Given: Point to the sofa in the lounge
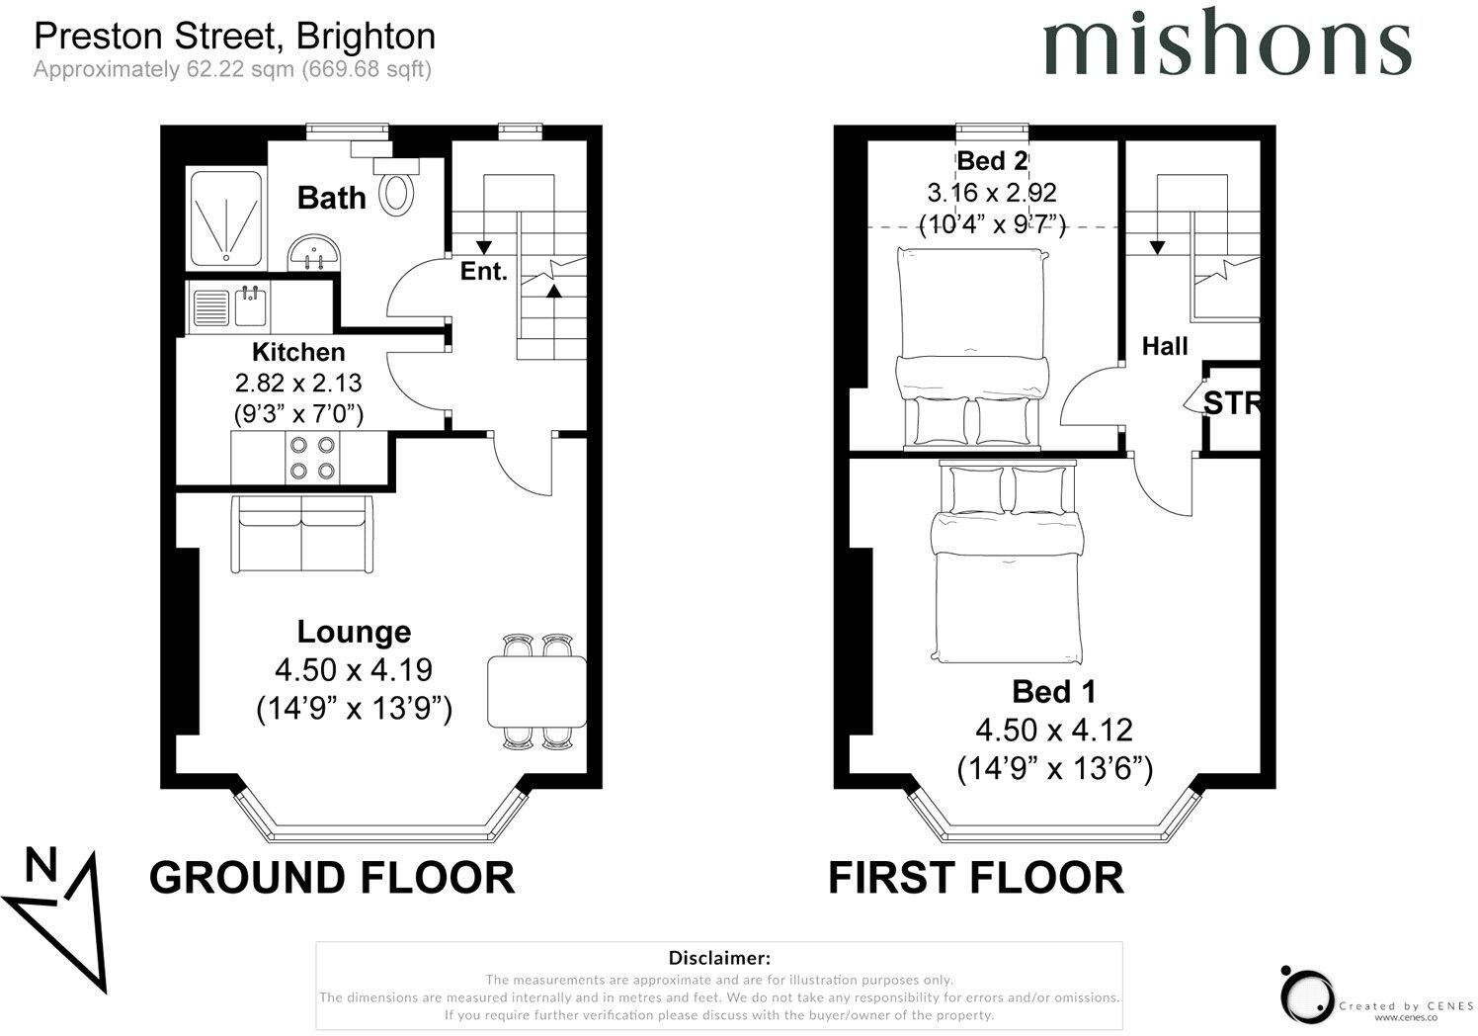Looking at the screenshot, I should pyautogui.click(x=301, y=534).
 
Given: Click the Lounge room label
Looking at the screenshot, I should pyautogui.click(x=354, y=632).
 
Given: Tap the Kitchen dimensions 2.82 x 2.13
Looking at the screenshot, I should pyautogui.click(x=298, y=383).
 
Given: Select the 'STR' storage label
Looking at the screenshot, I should pyautogui.click(x=1232, y=403).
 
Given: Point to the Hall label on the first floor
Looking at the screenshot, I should pyautogui.click(x=1165, y=346).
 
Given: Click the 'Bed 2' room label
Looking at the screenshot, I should pyautogui.click(x=993, y=160).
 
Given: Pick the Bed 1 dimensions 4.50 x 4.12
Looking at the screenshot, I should pyautogui.click(x=1054, y=731).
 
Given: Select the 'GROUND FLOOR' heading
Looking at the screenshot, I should pyautogui.click(x=332, y=878).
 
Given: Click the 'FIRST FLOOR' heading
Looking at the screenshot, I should pyautogui.click(x=975, y=878).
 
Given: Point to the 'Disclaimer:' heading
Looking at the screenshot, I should pyautogui.click(x=718, y=958).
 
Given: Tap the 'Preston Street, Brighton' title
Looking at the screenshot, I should pyautogui.click(x=235, y=37).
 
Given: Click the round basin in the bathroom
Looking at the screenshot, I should pyautogui.click(x=316, y=254).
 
